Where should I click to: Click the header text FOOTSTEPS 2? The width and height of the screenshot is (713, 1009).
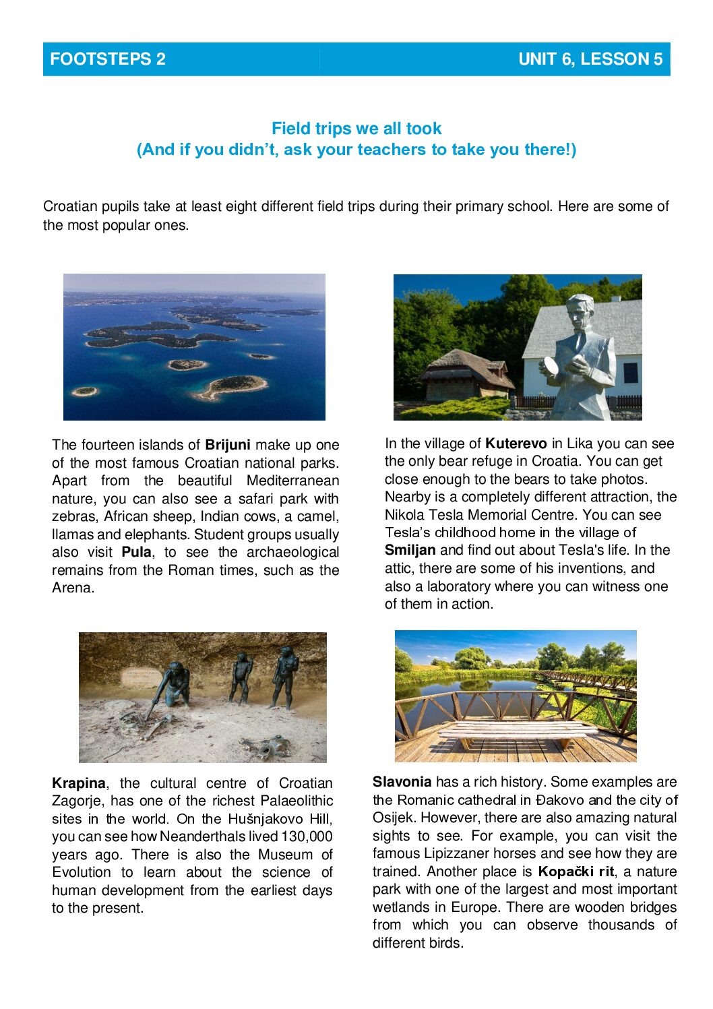(x=107, y=59)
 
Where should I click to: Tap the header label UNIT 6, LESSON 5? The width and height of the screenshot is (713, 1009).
(x=590, y=59)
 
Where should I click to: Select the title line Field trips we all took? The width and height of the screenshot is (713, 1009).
(x=356, y=128)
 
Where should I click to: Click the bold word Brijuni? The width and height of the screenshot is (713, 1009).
(x=228, y=445)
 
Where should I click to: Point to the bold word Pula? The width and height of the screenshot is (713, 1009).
(x=136, y=552)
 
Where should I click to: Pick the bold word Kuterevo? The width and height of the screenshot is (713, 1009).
(x=516, y=444)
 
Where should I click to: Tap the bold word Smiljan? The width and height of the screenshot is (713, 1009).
(x=410, y=550)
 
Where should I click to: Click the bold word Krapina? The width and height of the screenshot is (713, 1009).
(x=78, y=783)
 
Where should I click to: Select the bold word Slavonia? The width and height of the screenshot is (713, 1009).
(x=402, y=782)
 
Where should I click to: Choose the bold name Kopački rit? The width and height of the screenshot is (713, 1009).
(x=576, y=872)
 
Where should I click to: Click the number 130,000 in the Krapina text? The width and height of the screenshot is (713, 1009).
(x=307, y=836)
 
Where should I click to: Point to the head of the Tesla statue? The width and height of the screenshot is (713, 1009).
(x=580, y=311)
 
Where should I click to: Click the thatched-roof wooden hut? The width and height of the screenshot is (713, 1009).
(x=465, y=374)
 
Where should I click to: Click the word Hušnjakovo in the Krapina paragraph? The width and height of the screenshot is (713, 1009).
(x=264, y=819)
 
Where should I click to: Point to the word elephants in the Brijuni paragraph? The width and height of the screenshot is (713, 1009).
(x=161, y=534)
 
